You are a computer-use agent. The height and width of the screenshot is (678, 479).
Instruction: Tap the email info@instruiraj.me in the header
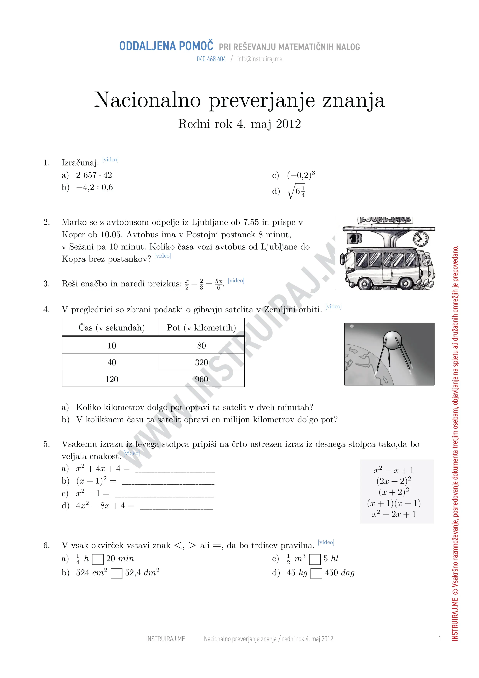(x=259, y=59)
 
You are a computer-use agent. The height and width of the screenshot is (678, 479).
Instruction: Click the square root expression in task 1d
(x=296, y=192)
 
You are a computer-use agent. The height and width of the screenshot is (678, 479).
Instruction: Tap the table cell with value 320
(x=201, y=362)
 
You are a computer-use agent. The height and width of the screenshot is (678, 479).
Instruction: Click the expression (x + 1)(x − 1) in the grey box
(x=394, y=503)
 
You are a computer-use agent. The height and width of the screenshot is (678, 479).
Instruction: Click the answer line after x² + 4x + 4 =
(x=175, y=469)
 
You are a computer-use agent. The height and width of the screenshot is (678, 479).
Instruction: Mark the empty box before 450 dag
(x=316, y=573)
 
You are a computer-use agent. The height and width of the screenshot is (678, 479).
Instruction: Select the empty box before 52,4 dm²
(x=116, y=573)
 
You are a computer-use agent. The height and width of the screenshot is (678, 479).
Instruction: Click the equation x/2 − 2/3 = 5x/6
(x=204, y=284)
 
